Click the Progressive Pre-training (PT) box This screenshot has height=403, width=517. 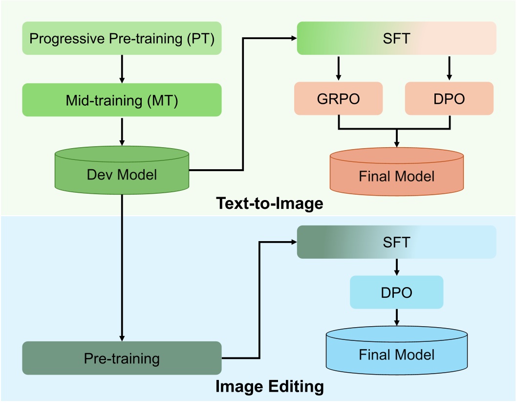point(122,38)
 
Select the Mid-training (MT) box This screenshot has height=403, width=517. point(122,100)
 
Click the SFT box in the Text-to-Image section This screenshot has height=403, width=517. point(396,38)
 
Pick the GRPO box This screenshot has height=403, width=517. point(339,99)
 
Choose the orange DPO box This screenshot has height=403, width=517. point(450,99)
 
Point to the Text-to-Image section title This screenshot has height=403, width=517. point(269,203)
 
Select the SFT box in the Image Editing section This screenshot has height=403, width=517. point(396,242)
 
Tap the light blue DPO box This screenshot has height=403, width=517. point(396,292)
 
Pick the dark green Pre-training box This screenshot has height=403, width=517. point(122,358)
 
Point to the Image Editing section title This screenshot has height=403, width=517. point(269,387)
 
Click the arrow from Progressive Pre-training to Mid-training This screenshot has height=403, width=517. point(122,68)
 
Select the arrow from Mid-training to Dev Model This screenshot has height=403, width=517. point(122,131)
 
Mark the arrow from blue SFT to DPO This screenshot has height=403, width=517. point(396,267)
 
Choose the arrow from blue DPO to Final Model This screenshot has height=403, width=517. point(396,318)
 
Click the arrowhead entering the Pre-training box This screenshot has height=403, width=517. point(122,337)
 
